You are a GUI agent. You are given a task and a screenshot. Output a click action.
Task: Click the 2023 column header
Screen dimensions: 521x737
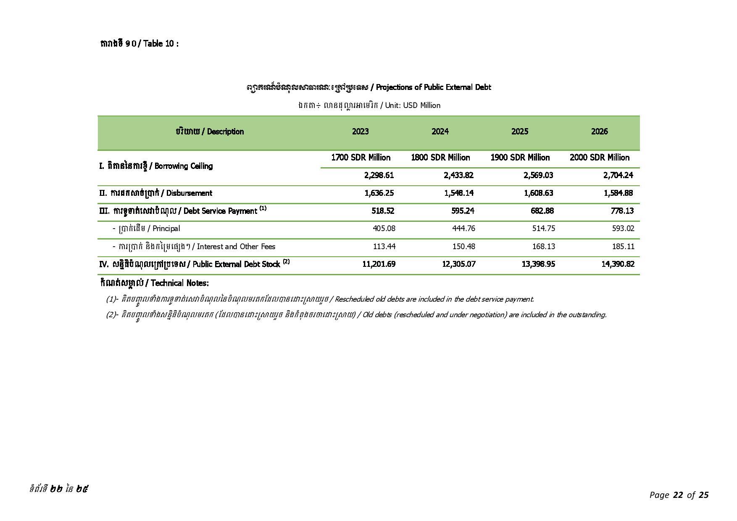coord(360,132)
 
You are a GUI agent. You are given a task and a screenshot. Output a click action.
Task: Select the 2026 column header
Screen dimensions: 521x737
coord(599,132)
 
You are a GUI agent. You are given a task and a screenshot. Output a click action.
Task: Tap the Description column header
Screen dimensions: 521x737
coord(210,132)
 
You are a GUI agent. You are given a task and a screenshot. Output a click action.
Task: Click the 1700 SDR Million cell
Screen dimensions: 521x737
coord(361,158)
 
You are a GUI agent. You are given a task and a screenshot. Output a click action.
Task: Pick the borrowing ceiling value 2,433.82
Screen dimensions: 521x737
coord(458,175)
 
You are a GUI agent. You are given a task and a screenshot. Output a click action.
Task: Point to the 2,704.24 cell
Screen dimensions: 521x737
coord(618,175)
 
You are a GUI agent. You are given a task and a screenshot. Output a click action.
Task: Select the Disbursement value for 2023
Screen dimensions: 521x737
coord(379,193)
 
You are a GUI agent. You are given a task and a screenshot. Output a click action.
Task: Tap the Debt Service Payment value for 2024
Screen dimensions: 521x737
coord(463,211)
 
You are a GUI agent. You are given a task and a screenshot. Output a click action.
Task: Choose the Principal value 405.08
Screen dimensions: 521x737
coord(384,229)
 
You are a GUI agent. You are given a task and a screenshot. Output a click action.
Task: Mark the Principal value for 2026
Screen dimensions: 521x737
coord(623,229)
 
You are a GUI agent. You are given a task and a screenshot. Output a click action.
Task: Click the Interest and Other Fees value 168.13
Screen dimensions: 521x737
coord(543,246)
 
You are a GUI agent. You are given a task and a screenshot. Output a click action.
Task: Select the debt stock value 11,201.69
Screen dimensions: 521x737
coord(379,264)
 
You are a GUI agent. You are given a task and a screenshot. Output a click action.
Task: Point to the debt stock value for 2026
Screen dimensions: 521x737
coord(618,264)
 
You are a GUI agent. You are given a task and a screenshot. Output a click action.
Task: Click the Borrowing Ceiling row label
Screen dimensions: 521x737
coord(156,166)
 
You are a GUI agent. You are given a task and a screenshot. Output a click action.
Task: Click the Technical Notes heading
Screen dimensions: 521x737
coord(154,283)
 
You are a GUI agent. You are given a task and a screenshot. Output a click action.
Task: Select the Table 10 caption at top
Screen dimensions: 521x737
coord(139,44)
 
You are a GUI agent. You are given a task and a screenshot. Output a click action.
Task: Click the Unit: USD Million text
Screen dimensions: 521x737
coord(368,105)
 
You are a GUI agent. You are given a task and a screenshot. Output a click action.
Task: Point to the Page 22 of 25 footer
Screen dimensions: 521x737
coord(679,495)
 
